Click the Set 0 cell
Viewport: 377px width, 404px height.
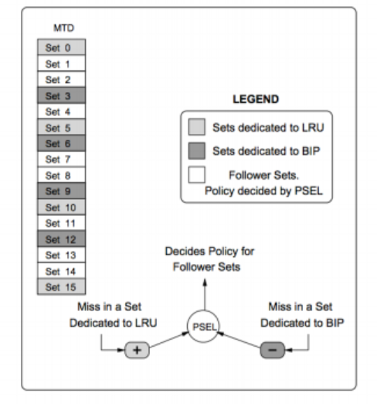(x=61, y=47)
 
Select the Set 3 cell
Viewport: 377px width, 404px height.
(x=61, y=96)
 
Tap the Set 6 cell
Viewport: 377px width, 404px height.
(x=61, y=143)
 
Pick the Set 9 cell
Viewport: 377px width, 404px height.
(x=61, y=191)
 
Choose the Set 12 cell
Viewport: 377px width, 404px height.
(x=61, y=239)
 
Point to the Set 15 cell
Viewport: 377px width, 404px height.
(x=61, y=287)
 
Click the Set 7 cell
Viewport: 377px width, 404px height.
(x=61, y=159)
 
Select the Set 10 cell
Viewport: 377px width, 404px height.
(x=61, y=207)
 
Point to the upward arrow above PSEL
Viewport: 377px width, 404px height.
(x=204, y=290)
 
